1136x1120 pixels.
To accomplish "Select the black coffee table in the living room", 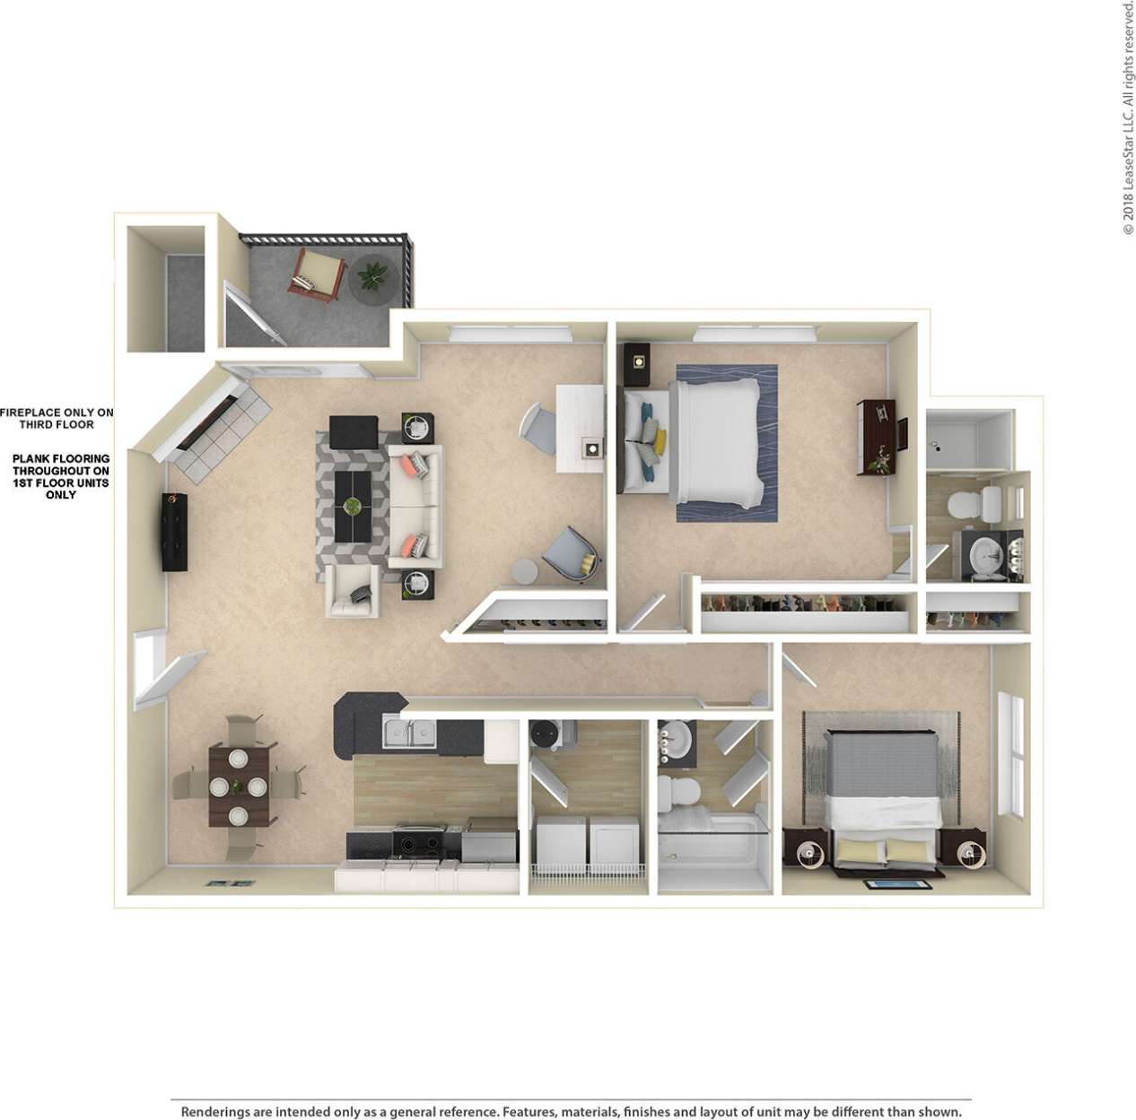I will pyautogui.click(x=353, y=506).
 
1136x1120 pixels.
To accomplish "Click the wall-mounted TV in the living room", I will pyautogui.click(x=173, y=531).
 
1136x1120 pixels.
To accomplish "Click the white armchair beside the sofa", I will pyautogui.click(x=352, y=590).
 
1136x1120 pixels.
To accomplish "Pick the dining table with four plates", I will pyautogui.click(x=239, y=786).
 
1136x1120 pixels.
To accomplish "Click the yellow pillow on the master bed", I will pyautogui.click(x=660, y=441).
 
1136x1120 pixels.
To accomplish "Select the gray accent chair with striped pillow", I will pyautogui.click(x=571, y=552).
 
